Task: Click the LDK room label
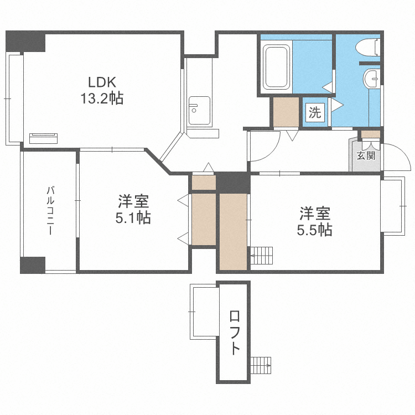point(102,82)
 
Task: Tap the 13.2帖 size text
point(102,98)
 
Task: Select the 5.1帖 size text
point(133,218)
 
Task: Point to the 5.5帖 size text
point(315,230)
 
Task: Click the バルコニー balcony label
point(50,211)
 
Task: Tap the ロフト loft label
point(235,333)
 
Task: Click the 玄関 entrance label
point(366,155)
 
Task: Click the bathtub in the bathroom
point(276,66)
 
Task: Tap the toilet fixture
point(368,47)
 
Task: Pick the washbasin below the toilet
point(372,78)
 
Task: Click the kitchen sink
point(199,110)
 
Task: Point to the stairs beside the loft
point(261,365)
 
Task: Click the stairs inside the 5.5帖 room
point(262,256)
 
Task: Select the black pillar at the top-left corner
point(25,41)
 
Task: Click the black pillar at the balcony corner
point(33,265)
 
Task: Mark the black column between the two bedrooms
point(233,183)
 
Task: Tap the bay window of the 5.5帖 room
point(393,206)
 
